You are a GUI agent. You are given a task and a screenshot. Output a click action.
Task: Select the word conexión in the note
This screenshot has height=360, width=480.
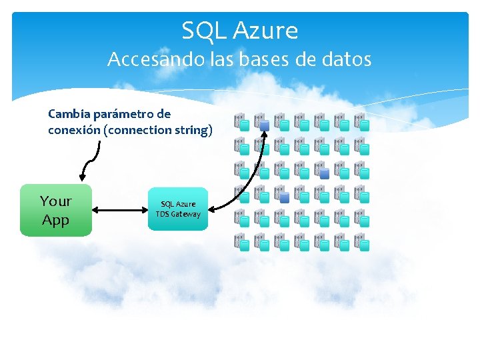pyautogui.click(x=74, y=130)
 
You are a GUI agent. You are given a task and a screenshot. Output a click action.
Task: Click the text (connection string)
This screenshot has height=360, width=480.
pyautogui.click(x=159, y=130)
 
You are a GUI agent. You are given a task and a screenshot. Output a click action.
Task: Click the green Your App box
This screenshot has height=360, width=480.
pyautogui.click(x=55, y=210)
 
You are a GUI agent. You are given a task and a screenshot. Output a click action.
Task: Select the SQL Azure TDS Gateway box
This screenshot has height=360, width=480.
pyautogui.click(x=177, y=209)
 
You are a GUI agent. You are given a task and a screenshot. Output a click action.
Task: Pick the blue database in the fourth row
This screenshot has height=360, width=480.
pyautogui.click(x=284, y=197)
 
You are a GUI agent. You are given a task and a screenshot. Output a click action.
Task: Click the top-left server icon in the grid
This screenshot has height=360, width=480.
pyautogui.click(x=241, y=121)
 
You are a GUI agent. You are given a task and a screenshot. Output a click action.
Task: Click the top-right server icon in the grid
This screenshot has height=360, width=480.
pyautogui.click(x=361, y=121)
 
